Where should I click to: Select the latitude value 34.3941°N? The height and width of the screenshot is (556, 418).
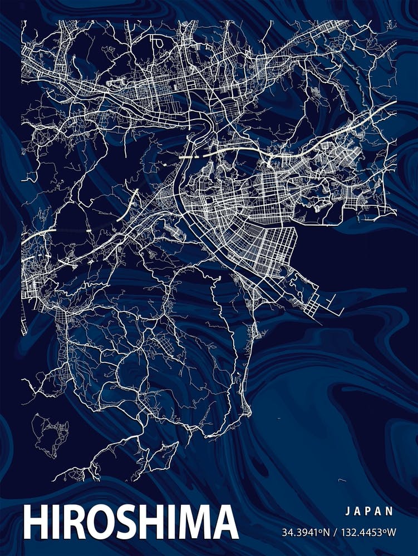[305, 532]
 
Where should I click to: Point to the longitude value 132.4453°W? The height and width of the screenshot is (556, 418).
[368, 532]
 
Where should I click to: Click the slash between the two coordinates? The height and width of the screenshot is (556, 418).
[335, 532]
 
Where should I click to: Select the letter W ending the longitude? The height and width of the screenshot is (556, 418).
[392, 532]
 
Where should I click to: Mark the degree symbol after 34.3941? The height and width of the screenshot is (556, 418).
[322, 530]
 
